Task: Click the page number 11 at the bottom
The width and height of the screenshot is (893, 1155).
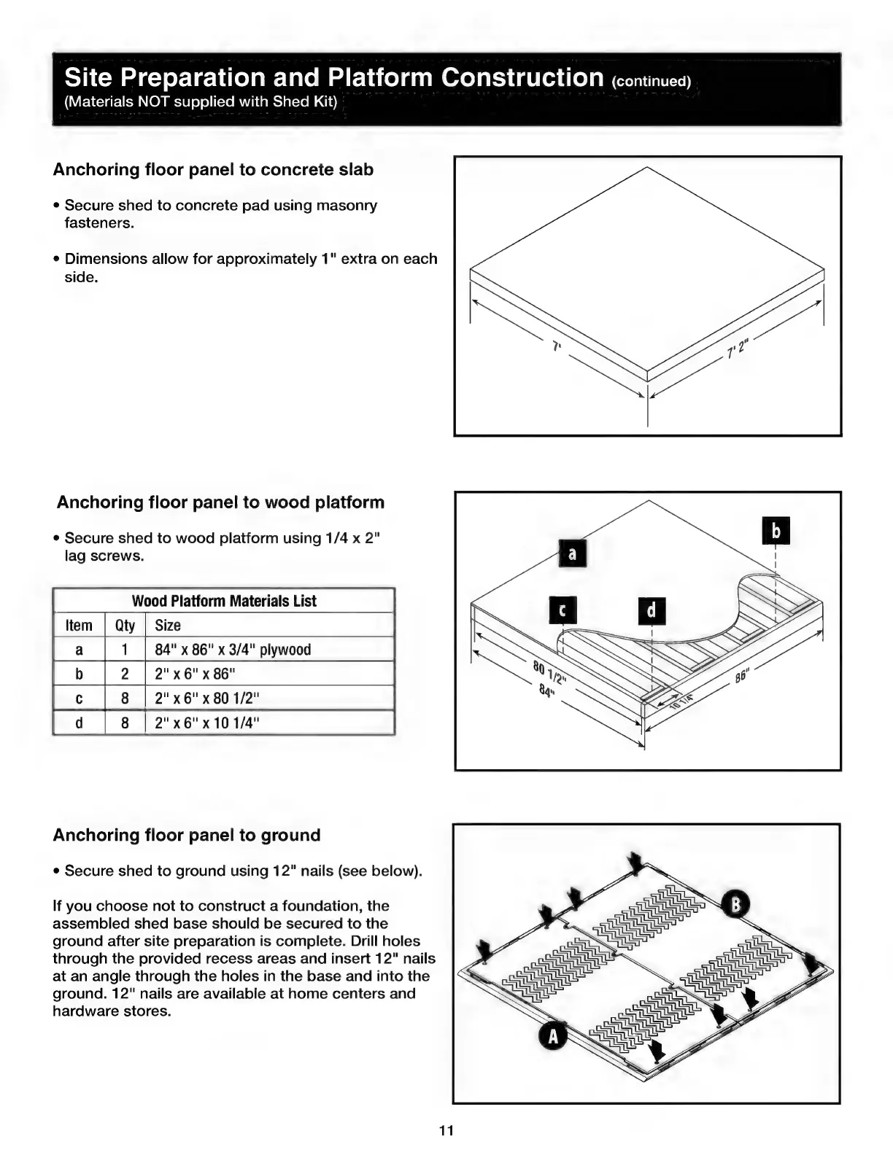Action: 446,1131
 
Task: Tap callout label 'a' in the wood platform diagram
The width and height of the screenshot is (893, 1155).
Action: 572,554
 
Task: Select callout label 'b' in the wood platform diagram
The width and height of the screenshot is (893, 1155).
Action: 776,531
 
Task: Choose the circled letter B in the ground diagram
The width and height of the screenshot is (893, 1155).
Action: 735,905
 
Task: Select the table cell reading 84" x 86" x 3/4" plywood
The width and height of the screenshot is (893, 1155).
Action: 233,650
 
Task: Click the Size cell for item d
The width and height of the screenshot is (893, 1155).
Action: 207,723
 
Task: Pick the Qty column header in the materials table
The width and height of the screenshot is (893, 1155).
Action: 125,626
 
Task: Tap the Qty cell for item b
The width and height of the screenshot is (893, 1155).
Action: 125,674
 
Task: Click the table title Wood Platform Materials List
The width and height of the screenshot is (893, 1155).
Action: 224,601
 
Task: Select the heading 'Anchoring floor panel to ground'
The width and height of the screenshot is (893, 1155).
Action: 187,835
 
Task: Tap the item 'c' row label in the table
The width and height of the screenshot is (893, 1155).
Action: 79,699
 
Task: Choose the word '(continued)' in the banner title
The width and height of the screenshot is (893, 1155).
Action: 651,81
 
